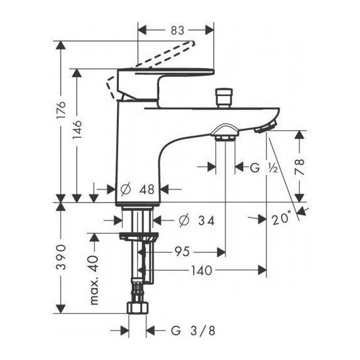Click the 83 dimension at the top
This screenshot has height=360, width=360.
tap(177, 30)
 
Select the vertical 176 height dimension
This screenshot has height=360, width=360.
tap(61, 110)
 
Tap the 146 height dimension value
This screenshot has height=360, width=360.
tap(77, 129)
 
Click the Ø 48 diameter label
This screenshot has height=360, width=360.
tap(137, 189)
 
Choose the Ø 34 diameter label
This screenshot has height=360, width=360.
tap(196, 221)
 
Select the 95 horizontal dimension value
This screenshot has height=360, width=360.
tap(183, 251)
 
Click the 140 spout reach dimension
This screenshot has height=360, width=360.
tap(201, 270)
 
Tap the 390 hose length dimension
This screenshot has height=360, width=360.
tap(61, 257)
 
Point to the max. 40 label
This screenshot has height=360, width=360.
tap(94, 280)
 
